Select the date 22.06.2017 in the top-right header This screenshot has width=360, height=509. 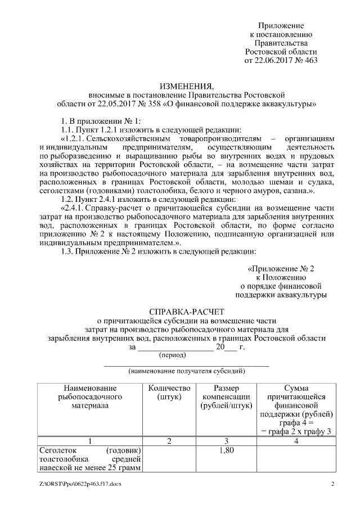coord(274,61)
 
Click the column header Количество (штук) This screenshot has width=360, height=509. coord(169,393)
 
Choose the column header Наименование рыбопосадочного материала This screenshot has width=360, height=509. coord(89,397)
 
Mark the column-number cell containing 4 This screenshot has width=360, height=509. coord(296,441)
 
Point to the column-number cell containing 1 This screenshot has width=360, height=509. coord(89,441)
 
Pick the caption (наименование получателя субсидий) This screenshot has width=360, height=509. coord(186,371)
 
